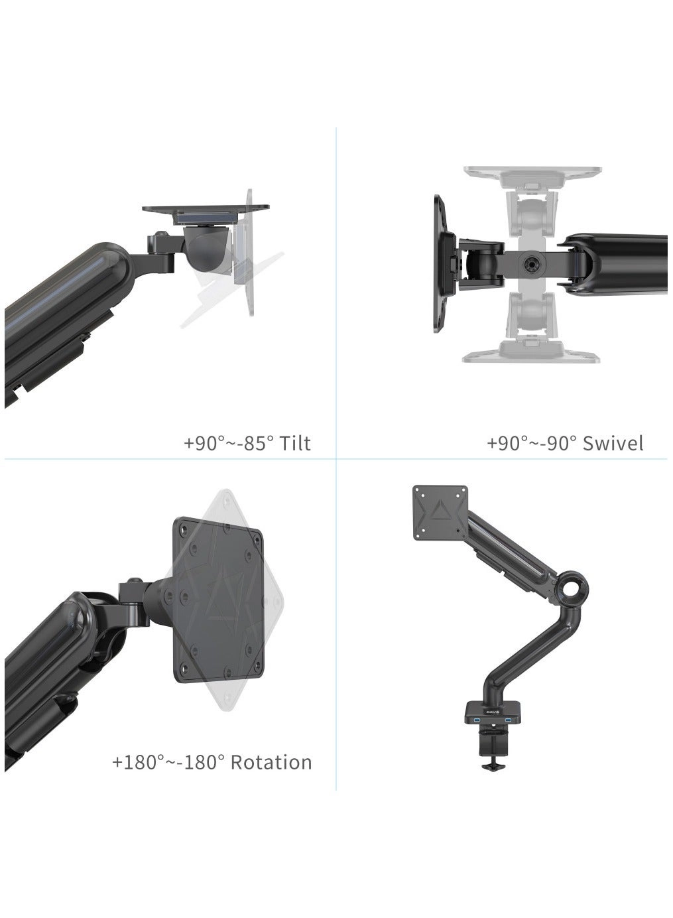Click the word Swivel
613,442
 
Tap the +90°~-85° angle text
228,442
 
